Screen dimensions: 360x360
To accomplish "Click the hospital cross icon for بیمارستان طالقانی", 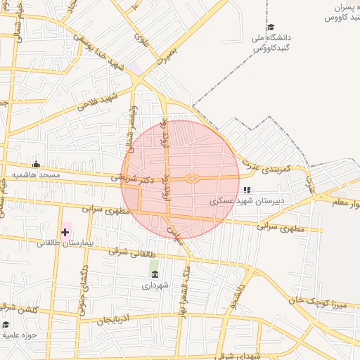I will point(65,231).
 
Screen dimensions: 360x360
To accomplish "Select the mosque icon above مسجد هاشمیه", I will point(37,164).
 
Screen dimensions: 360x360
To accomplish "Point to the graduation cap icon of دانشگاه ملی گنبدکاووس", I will point(271,26).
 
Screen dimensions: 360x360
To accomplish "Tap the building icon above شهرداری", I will point(154,274).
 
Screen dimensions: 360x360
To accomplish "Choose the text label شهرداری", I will point(154,285).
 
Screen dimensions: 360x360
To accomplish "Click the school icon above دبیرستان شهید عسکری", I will point(246,190).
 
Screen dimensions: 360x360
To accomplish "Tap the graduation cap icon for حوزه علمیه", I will point(6,324).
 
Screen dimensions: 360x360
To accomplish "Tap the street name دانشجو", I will point(240,295).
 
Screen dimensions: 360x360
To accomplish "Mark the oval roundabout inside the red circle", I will point(191,179).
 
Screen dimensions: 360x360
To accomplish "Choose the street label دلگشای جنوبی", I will point(84,286).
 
